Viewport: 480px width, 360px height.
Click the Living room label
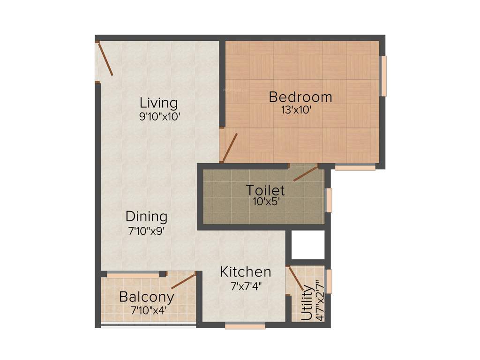pos(159,102)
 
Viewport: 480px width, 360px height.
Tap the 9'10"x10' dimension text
pos(159,117)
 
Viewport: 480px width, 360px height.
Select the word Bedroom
pos(300,97)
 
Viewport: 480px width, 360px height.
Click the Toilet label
pos(265,190)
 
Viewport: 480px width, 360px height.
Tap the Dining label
pos(146,217)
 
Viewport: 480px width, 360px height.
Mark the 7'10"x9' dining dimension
pos(146,231)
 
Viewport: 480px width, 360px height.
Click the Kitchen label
pos(246,271)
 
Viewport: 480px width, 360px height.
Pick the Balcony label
pos(147,297)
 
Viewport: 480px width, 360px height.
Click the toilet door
pos(305,173)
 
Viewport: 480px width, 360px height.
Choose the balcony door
pos(183,282)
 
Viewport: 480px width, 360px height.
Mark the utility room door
pos(295,279)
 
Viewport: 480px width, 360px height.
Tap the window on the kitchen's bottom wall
pos(245,326)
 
